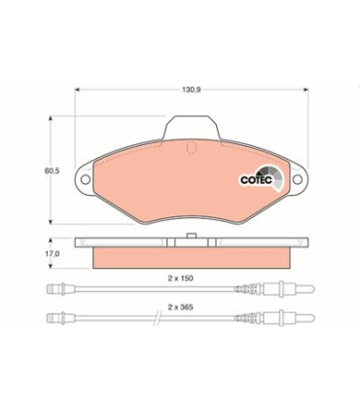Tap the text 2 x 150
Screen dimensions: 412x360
[179, 278]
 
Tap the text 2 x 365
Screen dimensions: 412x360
[179, 307]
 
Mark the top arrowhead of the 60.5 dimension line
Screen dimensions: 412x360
[52, 119]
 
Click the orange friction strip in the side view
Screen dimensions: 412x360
[191, 256]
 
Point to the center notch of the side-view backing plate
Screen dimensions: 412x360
[191, 241]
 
